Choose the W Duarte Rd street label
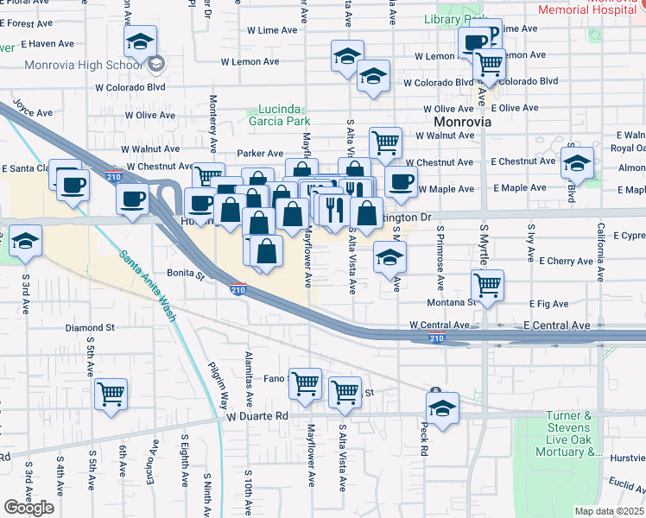pos(257,415)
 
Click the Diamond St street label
pos(91,328)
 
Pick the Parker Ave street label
pos(255,153)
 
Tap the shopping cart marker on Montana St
pos(488,285)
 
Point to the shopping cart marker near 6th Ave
pos(111,395)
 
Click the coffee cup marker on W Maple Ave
pos(401,181)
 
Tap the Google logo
pos(29,508)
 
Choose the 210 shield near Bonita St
pos(238,290)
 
